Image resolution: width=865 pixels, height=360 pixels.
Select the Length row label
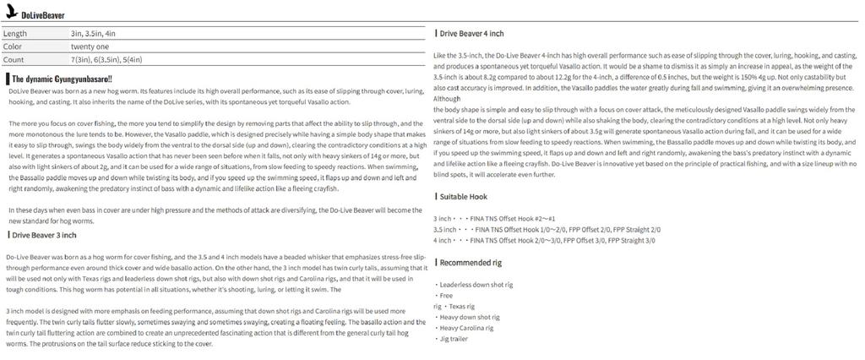pos(16,32)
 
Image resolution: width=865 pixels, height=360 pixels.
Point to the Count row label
pos(14,60)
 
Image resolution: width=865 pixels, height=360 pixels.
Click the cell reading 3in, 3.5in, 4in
pos(93,32)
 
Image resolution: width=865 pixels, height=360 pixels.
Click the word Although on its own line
pos(448,99)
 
